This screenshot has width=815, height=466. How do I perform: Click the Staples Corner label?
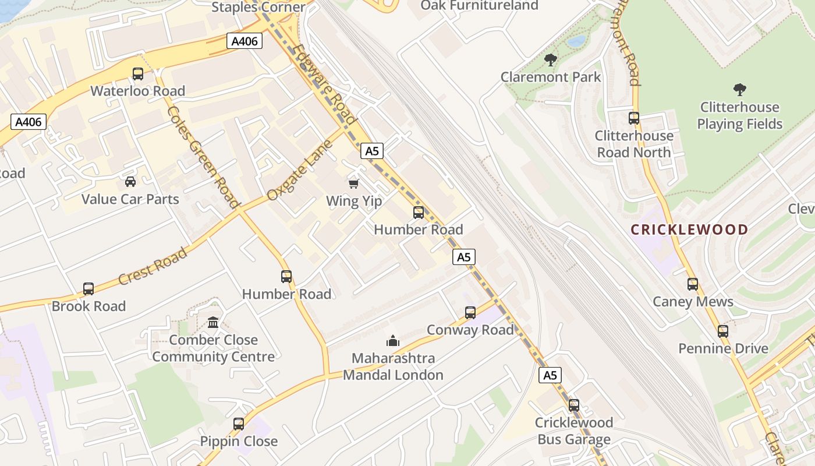point(258,7)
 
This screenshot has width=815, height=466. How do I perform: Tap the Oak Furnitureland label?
point(479,5)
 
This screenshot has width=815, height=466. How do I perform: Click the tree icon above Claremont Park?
point(550,59)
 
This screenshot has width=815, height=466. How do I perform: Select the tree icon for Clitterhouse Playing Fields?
point(740,90)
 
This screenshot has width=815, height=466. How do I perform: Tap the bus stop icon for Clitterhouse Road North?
point(634,118)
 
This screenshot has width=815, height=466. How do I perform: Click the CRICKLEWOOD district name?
point(689,230)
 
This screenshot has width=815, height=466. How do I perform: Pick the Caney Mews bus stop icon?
point(693,284)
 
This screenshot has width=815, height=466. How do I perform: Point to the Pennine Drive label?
point(723,348)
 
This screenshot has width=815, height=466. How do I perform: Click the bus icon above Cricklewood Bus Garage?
point(574,405)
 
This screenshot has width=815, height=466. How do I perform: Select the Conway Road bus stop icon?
point(470,313)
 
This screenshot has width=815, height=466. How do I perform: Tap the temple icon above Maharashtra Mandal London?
point(393,340)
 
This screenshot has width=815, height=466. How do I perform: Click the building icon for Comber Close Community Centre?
point(213,322)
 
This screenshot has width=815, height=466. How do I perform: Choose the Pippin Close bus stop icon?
point(239,424)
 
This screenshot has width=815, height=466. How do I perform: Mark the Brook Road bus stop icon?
point(88,289)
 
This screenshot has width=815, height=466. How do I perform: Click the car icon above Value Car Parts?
point(130,182)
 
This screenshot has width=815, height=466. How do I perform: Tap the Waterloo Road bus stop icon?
point(138,74)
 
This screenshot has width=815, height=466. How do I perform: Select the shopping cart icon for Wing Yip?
point(353,184)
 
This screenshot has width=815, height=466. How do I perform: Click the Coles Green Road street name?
point(203,157)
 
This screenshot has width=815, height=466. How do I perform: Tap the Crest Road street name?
point(153,267)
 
